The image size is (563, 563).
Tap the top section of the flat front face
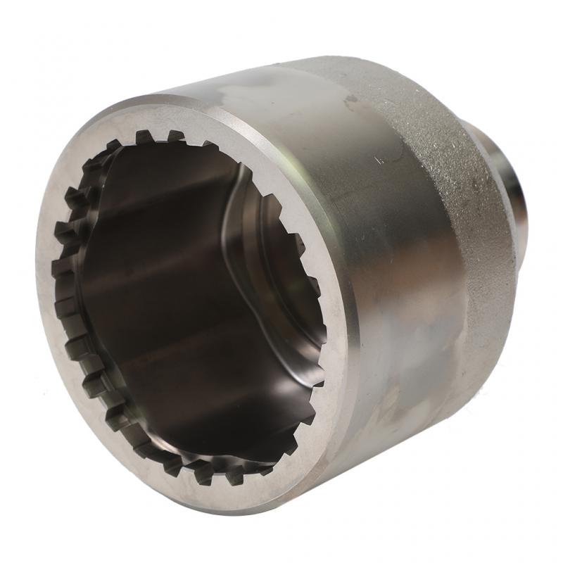tap(176, 116)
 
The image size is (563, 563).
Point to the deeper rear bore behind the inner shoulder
tap(281, 281)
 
